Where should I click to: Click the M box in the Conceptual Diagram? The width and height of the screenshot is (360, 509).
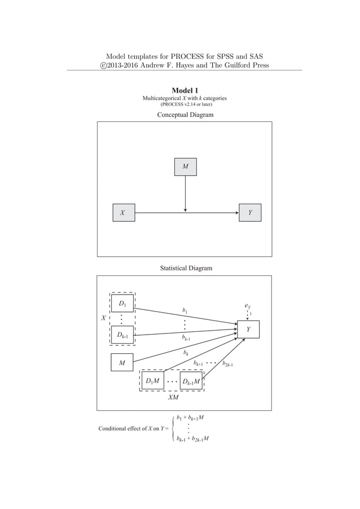click(186, 166)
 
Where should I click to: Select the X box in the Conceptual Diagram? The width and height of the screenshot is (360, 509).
click(123, 213)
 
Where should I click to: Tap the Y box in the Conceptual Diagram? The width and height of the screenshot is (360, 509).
click(250, 213)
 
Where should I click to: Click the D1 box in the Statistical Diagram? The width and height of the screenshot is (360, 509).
click(122, 303)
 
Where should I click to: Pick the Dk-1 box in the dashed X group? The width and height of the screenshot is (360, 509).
click(122, 335)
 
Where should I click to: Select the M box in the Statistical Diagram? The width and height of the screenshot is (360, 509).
click(122, 363)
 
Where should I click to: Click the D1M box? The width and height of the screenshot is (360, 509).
click(152, 381)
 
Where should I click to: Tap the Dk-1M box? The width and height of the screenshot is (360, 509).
click(191, 381)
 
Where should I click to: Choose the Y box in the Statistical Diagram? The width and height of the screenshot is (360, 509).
click(248, 329)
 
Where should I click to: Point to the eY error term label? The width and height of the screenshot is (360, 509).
click(248, 306)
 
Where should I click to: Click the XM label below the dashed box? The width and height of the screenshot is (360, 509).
click(173, 397)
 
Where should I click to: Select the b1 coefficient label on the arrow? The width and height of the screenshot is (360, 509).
click(185, 310)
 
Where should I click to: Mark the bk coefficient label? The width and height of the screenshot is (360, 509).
click(186, 353)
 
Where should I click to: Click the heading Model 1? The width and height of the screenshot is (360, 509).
click(185, 90)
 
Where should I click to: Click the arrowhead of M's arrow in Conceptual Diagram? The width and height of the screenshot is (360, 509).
click(186, 210)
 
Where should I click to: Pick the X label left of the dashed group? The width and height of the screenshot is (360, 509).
click(104, 318)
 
